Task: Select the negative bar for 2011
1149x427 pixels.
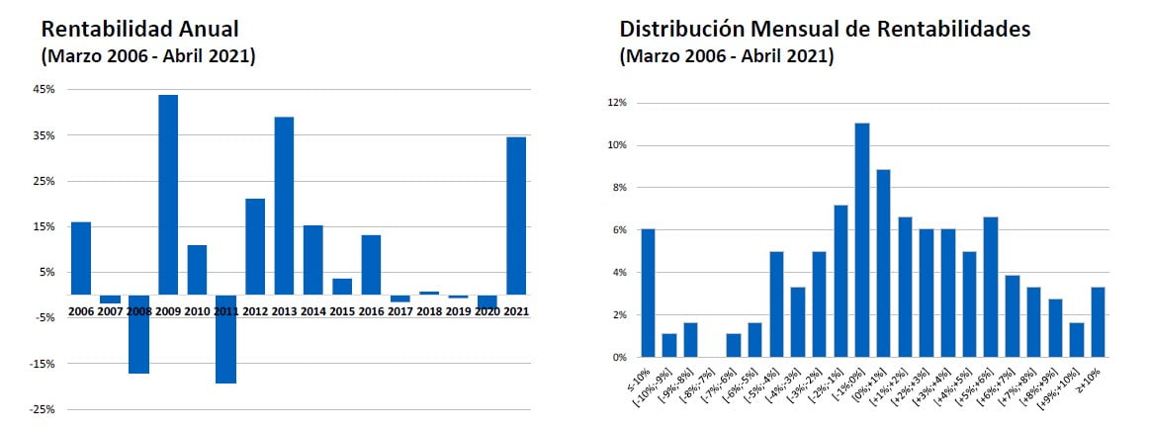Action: point(225,339)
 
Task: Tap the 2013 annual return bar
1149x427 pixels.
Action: point(284,206)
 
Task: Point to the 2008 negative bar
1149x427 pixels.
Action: point(138,334)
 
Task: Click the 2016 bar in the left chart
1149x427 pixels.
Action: point(371,264)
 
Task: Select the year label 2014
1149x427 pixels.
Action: point(313,311)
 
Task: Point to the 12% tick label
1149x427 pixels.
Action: point(616,103)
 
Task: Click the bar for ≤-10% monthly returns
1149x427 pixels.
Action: point(648,293)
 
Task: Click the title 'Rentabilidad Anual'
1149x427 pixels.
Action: point(139,30)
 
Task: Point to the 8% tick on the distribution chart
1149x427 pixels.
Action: point(618,188)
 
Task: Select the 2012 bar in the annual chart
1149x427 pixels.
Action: point(255,246)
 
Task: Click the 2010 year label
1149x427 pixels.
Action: point(198,311)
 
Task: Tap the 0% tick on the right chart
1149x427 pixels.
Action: point(618,358)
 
